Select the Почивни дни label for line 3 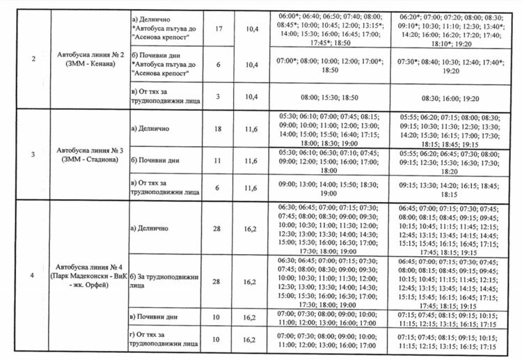coord(155,160)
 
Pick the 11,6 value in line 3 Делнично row coord(251,129)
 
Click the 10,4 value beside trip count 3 coord(251,95)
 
